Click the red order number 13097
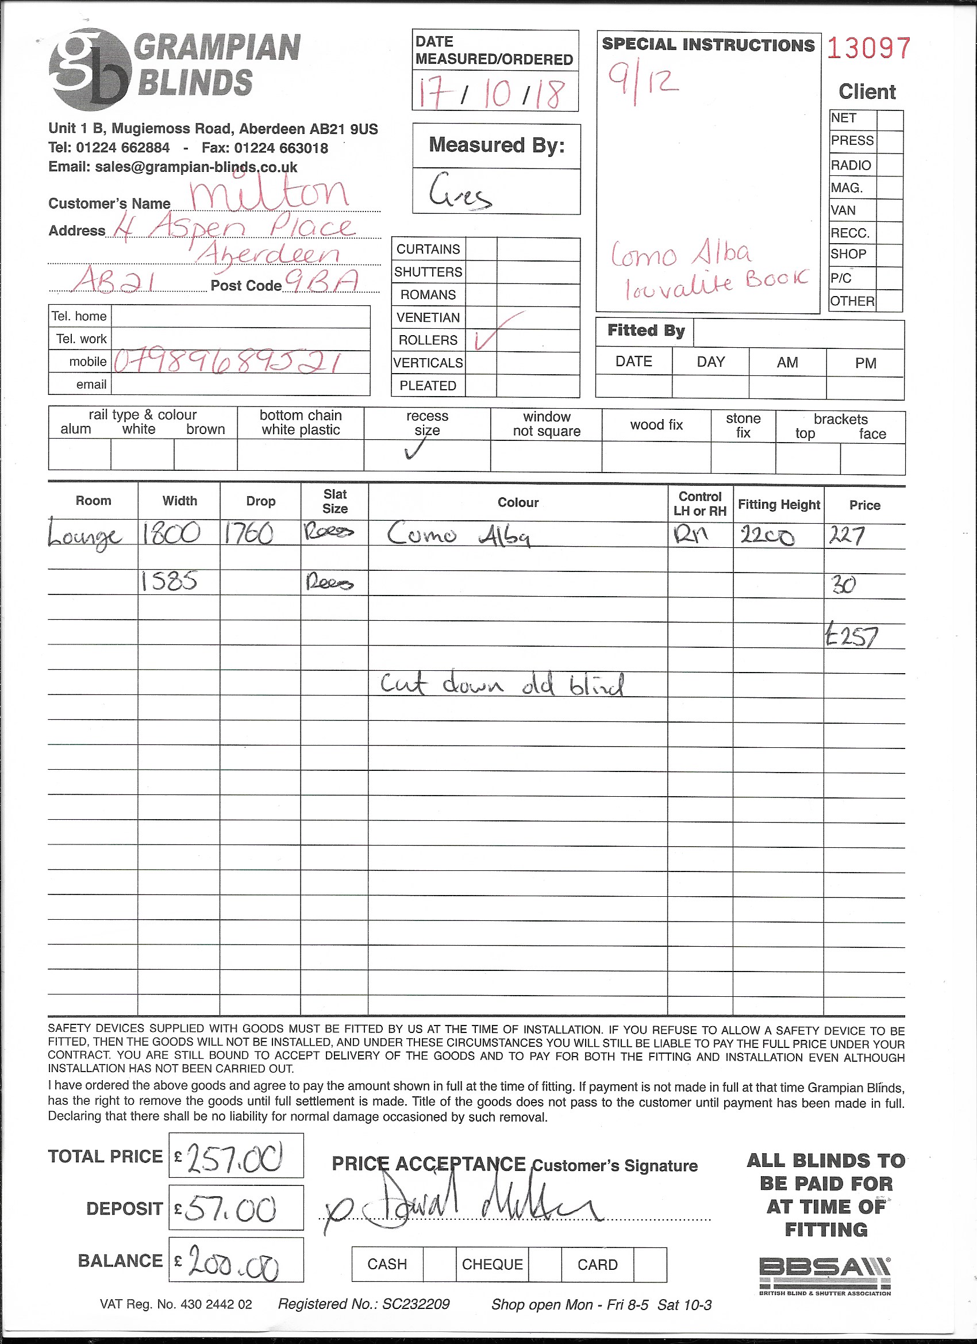868,49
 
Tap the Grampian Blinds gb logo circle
89,70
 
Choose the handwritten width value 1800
171,534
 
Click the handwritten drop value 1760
249,534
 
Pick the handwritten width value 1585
169,582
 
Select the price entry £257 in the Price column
851,637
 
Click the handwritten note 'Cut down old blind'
502,685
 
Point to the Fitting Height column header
779,504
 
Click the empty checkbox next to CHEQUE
544,1264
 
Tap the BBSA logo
825,1274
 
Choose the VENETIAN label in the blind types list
428,318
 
